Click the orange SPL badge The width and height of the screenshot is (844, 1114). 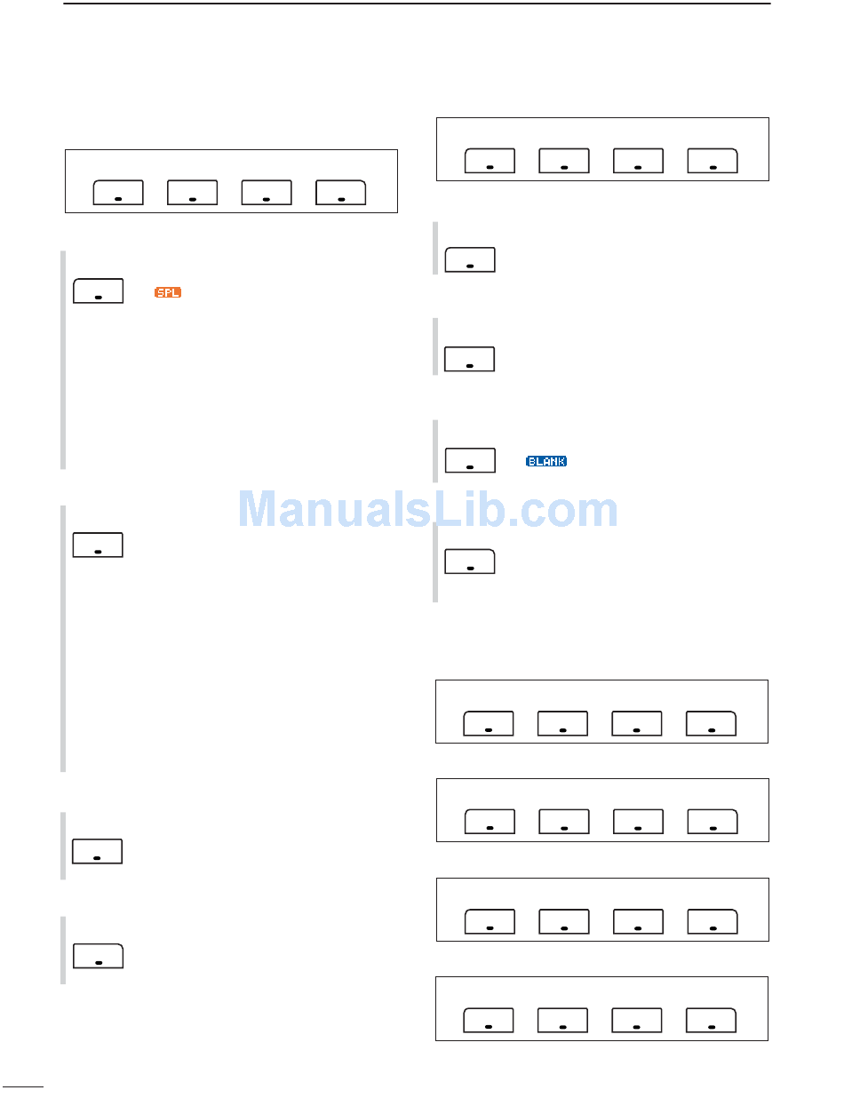click(168, 292)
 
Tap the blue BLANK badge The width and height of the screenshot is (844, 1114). click(546, 461)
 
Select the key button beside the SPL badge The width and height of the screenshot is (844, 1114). click(98, 291)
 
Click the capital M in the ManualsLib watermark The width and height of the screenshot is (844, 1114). click(264, 510)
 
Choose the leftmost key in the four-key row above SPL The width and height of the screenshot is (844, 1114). click(119, 193)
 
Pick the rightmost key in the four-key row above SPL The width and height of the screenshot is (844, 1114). click(341, 193)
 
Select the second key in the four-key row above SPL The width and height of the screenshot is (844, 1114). click(193, 193)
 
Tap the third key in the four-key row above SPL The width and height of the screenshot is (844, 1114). click(267, 193)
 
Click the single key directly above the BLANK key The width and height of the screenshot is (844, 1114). click(469, 359)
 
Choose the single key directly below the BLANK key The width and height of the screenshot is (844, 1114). click(469, 561)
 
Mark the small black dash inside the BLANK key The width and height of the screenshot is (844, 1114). click(469, 465)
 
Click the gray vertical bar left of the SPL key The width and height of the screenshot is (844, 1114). click(63, 360)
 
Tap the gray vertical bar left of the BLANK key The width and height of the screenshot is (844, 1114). click(436, 451)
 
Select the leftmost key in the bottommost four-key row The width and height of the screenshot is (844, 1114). click(489, 1022)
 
